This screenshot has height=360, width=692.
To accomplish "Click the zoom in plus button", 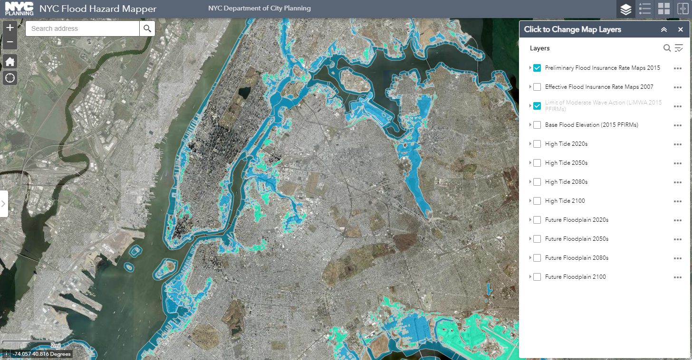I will pyautogui.click(x=10, y=28).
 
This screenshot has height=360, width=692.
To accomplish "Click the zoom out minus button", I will pyautogui.click(x=10, y=43).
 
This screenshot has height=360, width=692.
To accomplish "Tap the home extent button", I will pyautogui.click(x=10, y=61).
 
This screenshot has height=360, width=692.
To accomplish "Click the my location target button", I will pyautogui.click(x=10, y=77).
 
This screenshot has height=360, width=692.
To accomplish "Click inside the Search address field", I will pyautogui.click(x=82, y=28).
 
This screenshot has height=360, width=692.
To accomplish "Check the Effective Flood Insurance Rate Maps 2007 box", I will pyautogui.click(x=537, y=87).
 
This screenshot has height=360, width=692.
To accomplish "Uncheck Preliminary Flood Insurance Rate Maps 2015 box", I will pyautogui.click(x=537, y=68).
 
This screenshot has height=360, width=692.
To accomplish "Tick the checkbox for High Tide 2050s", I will pyautogui.click(x=537, y=163).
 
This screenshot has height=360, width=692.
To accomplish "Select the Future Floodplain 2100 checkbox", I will pyautogui.click(x=537, y=277).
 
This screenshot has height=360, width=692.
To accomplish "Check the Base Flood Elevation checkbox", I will pyautogui.click(x=537, y=125).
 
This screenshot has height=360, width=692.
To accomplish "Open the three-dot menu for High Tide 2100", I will pyautogui.click(x=678, y=201).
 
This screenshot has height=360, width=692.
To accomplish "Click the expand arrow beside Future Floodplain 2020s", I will pyautogui.click(x=530, y=220).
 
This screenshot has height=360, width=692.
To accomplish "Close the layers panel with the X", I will pyautogui.click(x=681, y=29).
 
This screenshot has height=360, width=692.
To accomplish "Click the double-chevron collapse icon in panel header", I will pyautogui.click(x=664, y=29).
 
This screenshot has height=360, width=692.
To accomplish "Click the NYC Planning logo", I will pyautogui.click(x=19, y=9).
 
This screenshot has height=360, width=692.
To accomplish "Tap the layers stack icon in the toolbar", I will pyautogui.click(x=626, y=9).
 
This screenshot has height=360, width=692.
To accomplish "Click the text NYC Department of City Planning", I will pyautogui.click(x=259, y=9).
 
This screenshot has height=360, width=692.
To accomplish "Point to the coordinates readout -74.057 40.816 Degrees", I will pyautogui.click(x=42, y=354).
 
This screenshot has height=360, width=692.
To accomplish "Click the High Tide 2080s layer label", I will pyautogui.click(x=566, y=182).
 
